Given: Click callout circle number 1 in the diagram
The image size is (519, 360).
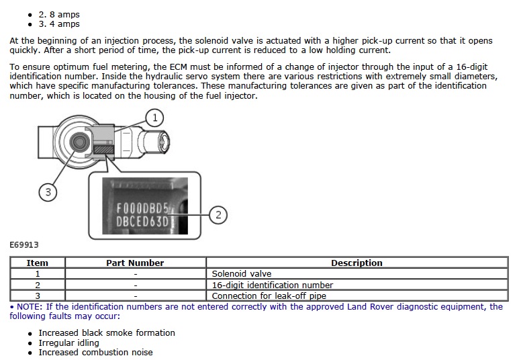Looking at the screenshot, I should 154,118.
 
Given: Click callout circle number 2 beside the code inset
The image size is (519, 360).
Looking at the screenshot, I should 218,215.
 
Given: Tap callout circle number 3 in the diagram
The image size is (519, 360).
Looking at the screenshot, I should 48,192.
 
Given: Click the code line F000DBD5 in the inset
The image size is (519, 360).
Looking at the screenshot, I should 142,208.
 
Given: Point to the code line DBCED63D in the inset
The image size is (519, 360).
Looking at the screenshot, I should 142,222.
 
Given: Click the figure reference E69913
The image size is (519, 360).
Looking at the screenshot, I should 24,245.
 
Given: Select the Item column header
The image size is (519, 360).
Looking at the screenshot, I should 37,263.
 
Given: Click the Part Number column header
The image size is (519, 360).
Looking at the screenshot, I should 135,263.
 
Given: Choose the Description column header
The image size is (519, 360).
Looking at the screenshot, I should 357,263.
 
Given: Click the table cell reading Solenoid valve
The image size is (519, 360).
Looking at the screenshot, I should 242,274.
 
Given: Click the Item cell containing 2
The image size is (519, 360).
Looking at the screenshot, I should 37,285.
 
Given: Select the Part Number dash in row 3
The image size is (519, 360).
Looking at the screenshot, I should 135,296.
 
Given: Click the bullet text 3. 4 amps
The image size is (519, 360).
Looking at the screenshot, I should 63,24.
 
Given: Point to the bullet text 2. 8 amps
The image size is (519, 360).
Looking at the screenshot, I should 63,13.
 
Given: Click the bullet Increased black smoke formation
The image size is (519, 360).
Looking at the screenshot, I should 107,332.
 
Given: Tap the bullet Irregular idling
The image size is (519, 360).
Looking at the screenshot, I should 68,343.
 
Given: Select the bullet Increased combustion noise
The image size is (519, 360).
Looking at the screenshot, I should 95,353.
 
